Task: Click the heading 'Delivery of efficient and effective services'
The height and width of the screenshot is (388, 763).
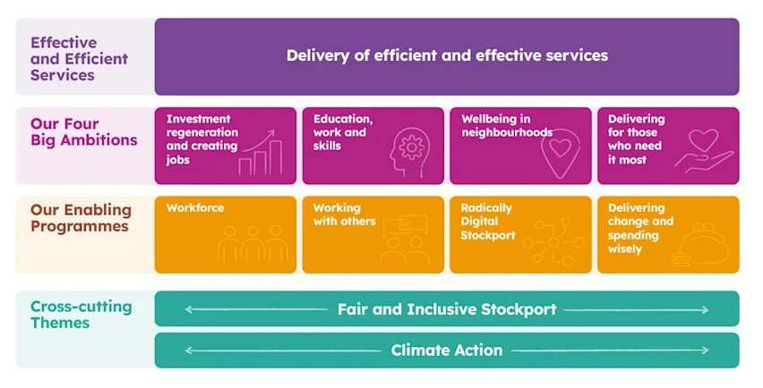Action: pos(447,55)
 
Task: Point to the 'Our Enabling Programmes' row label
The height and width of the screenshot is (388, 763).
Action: pos(81,218)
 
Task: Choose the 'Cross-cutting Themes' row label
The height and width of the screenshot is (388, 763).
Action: pos(81,315)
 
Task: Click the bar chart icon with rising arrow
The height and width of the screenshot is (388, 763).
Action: pos(262,154)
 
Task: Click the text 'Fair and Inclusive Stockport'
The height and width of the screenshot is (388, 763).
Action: pos(447,310)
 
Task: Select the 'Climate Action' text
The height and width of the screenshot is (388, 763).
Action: pos(447,350)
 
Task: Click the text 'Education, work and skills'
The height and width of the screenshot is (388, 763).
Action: pos(343,132)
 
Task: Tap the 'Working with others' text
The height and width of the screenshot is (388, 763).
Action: pos(344,215)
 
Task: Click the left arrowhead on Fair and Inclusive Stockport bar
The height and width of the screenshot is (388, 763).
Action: pos(188,310)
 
